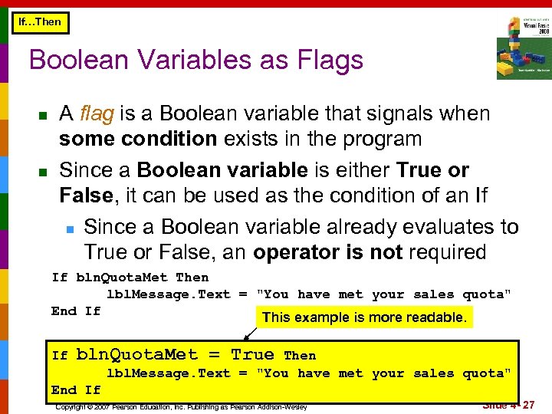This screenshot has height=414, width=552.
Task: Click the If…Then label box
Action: pos(39,22)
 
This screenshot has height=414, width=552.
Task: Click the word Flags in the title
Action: pos(324,59)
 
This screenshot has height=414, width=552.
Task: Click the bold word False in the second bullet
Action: pos(85,195)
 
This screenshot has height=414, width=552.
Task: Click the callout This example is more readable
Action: pos(364,317)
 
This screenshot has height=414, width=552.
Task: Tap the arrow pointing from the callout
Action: pos(250,333)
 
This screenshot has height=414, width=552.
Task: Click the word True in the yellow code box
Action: pos(252,355)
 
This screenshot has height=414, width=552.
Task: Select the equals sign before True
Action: pos(215,355)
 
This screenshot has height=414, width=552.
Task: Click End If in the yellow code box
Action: pos(75,389)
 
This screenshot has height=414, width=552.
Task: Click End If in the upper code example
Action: pos(75,310)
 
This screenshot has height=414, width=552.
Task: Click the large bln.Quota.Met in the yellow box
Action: pos(136,355)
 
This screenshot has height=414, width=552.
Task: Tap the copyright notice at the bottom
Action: pos(181,406)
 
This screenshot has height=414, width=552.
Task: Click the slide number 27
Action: pos(528,405)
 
